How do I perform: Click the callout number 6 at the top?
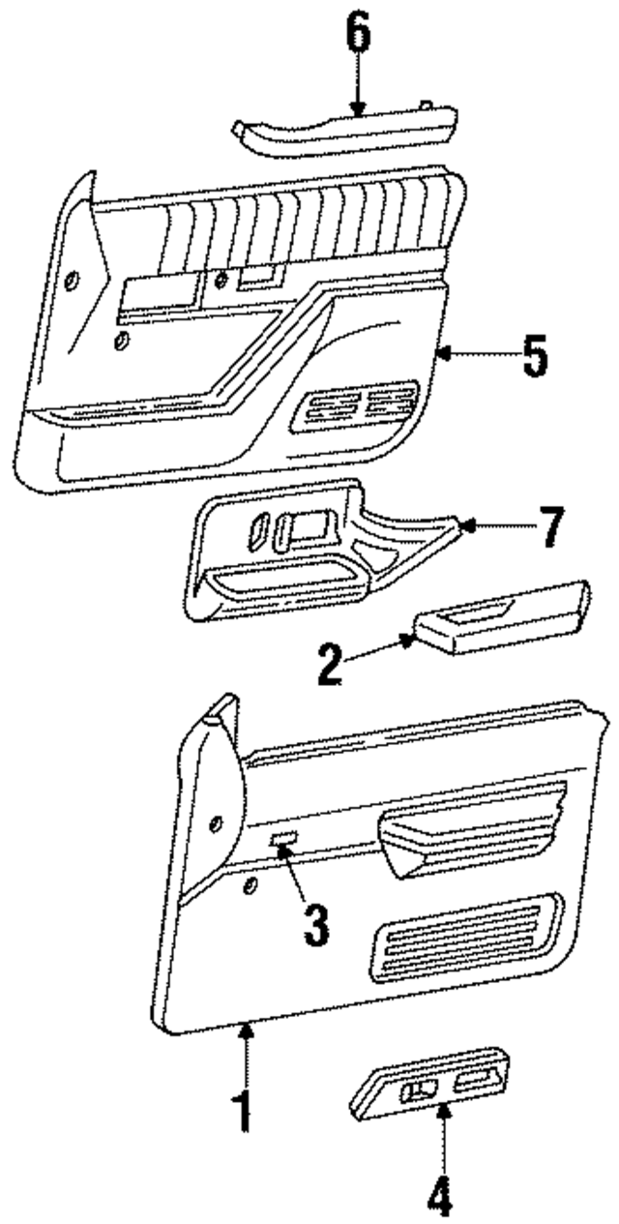click(x=358, y=36)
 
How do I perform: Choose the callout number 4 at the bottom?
click(x=441, y=1199)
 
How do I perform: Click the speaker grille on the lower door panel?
click(x=464, y=934)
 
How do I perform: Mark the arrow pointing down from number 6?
click(x=358, y=87)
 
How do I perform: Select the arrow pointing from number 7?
click(x=493, y=526)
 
